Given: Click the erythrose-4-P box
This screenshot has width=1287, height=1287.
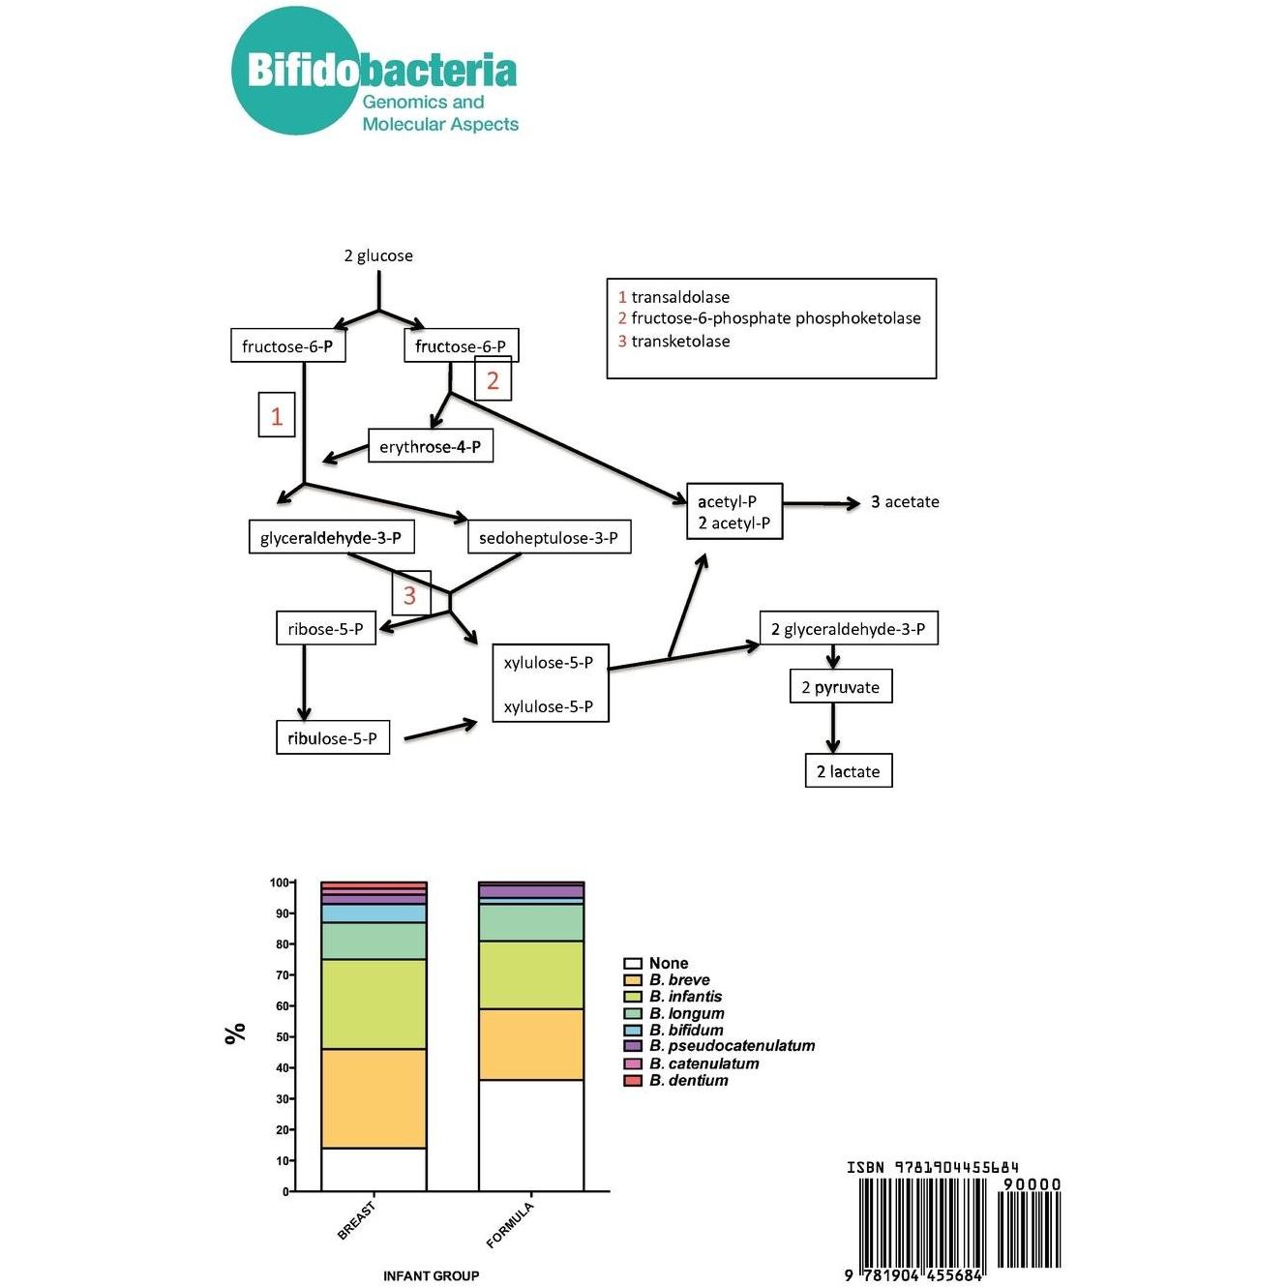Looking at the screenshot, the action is (430, 445).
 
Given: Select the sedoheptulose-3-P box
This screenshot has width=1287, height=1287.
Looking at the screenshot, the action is (549, 537).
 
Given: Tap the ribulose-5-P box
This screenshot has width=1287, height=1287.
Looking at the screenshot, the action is (333, 737).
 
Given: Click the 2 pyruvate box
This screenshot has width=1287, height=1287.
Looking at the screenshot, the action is (840, 686).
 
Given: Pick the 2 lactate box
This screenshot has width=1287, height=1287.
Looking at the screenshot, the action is (849, 770).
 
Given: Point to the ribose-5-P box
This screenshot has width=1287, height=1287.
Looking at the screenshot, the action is (326, 628).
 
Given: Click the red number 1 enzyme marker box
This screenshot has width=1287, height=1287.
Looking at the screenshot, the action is (277, 415).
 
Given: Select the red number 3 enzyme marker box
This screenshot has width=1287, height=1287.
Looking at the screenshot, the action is (410, 593).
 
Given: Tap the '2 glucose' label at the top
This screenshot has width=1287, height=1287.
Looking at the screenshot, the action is (378, 255).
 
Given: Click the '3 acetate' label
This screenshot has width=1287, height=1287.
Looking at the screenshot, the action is (905, 501).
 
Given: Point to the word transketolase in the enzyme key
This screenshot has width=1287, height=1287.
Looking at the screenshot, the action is (680, 342).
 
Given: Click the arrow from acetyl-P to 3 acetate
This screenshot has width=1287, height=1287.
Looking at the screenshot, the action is (822, 503).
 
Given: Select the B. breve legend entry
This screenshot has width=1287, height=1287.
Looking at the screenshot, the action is (667, 980).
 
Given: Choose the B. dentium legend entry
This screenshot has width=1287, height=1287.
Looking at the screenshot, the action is (675, 1080).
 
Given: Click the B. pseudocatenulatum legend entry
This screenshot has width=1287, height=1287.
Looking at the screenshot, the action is (719, 1045).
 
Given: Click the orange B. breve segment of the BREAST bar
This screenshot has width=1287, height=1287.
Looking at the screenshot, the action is (374, 1098).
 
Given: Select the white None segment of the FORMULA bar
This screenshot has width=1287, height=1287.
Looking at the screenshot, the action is (531, 1135).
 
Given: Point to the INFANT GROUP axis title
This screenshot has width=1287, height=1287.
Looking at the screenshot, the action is (431, 1275).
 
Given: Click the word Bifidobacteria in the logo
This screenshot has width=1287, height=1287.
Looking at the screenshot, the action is (381, 71).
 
